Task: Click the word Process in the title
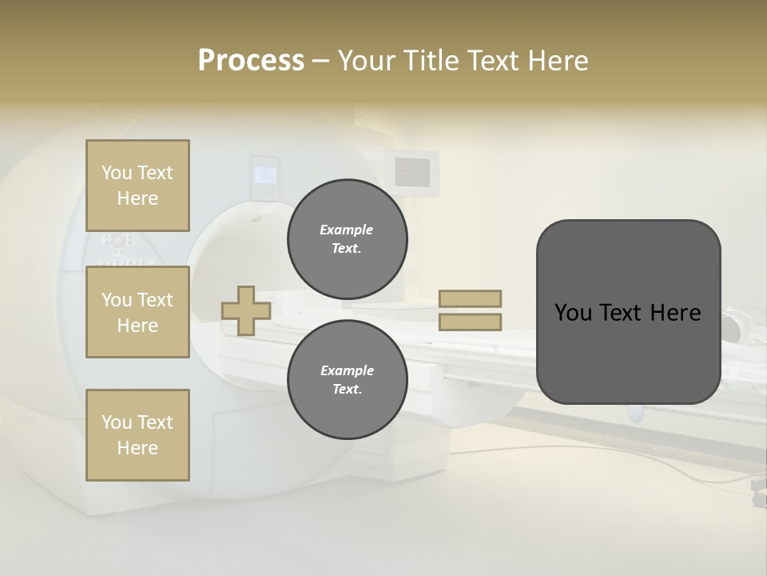[251, 61]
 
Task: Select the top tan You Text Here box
[137, 186]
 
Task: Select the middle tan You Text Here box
[137, 312]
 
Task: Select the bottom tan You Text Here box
[137, 435]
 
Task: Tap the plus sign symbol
[246, 310]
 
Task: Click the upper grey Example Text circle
[347, 239]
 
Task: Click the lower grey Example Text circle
[347, 380]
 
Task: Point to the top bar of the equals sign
[471, 298]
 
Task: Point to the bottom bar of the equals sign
[471, 322]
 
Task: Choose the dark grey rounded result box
[628, 352]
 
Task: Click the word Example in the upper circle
[347, 230]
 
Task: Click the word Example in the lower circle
[347, 370]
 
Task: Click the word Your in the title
[368, 61]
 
